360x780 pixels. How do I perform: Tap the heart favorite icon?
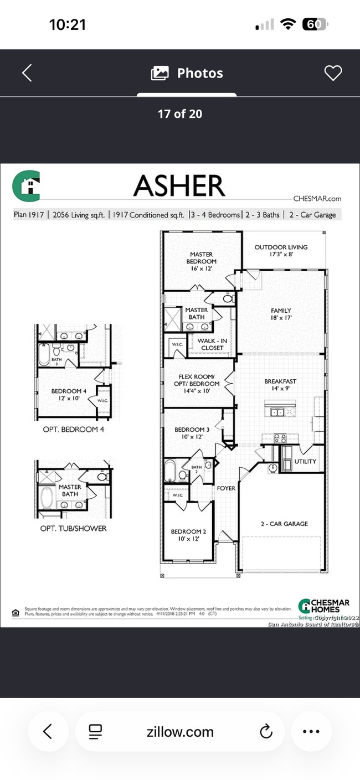(333, 73)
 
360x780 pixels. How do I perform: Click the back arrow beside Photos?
(27, 73)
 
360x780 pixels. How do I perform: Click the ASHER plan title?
(179, 186)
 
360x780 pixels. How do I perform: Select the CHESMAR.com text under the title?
(317, 199)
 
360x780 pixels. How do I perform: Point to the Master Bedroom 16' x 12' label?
(201, 261)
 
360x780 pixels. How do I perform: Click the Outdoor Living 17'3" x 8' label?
(281, 251)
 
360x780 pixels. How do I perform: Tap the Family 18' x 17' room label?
(281, 314)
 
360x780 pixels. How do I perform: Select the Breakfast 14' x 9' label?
(280, 385)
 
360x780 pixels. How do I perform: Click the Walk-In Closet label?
(212, 344)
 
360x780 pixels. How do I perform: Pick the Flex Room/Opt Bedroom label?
(199, 384)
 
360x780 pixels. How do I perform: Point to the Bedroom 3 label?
(192, 433)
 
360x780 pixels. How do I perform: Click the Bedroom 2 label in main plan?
(188, 535)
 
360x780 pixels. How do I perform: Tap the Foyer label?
(226, 488)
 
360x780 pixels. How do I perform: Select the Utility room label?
(305, 461)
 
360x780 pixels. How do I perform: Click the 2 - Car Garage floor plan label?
(285, 524)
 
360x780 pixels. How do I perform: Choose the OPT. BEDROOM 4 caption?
(73, 429)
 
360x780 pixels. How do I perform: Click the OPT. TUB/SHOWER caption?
(73, 528)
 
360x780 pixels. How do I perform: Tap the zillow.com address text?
(180, 731)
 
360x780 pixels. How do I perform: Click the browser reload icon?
(266, 731)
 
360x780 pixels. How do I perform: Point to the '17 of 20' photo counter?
(180, 114)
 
